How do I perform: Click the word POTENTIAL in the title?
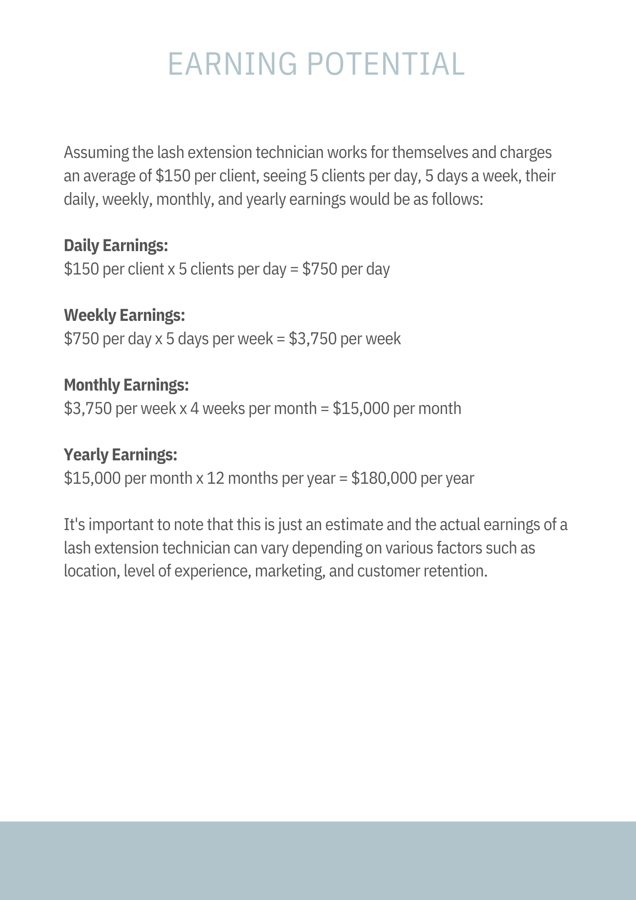386,64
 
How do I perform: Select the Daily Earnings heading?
116,246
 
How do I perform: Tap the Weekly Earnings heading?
125,315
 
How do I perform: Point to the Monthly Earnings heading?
126,385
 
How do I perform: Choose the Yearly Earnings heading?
121,455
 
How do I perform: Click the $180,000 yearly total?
384,478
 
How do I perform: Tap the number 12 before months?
215,478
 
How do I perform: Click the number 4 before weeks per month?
194,409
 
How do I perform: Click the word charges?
526,153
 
